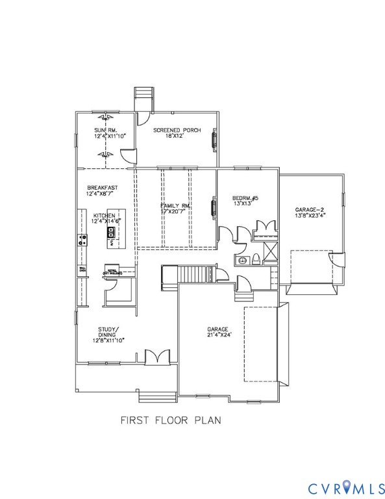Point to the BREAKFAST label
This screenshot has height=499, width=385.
click(102, 188)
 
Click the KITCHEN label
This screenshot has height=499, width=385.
click(104, 215)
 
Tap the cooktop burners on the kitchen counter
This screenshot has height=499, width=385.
click(83, 239)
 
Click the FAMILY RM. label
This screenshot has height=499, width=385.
click(176, 206)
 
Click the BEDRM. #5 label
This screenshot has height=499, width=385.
click(245, 198)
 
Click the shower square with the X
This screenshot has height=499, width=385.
click(272, 249)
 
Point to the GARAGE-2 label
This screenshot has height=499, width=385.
click(310, 210)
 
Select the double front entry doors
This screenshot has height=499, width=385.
click(154, 357)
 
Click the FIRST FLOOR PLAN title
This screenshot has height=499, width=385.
click(170, 420)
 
